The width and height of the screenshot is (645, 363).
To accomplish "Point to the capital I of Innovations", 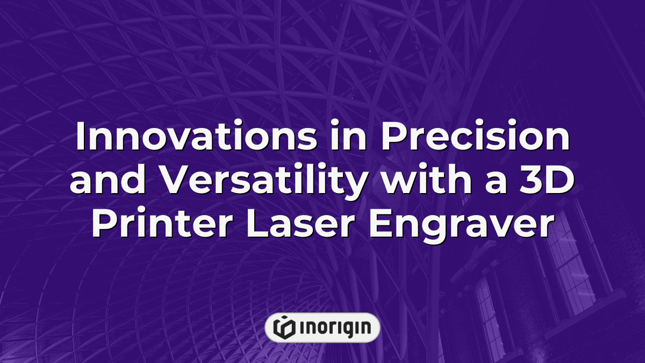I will pos(80,138).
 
